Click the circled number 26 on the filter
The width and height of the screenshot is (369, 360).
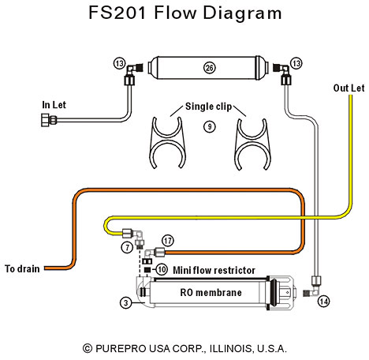210,68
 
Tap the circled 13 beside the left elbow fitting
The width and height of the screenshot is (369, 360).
120,63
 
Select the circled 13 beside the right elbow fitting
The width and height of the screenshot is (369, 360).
296,63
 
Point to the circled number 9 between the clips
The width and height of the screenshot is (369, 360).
210,127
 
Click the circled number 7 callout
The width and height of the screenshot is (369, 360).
128,247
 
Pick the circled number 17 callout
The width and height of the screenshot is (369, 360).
168,241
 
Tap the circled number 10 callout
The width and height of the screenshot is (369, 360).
162,269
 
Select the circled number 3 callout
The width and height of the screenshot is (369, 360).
126,302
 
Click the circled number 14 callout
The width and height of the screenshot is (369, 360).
323,302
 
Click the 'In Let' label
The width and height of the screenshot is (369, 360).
54,105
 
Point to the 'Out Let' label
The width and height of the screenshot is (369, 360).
348,88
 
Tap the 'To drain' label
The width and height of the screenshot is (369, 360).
22,268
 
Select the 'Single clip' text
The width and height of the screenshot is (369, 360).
208,107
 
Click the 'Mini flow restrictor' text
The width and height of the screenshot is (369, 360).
214,270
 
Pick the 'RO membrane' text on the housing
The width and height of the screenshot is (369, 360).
211,292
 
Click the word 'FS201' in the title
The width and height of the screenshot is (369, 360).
117,13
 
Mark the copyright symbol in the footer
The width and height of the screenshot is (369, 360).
88,349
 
